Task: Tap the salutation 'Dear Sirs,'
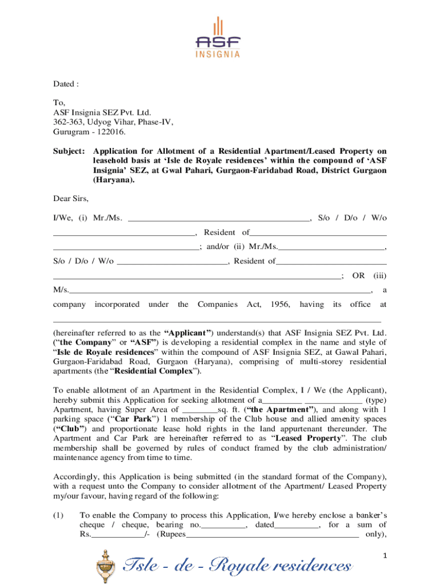click(71, 199)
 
